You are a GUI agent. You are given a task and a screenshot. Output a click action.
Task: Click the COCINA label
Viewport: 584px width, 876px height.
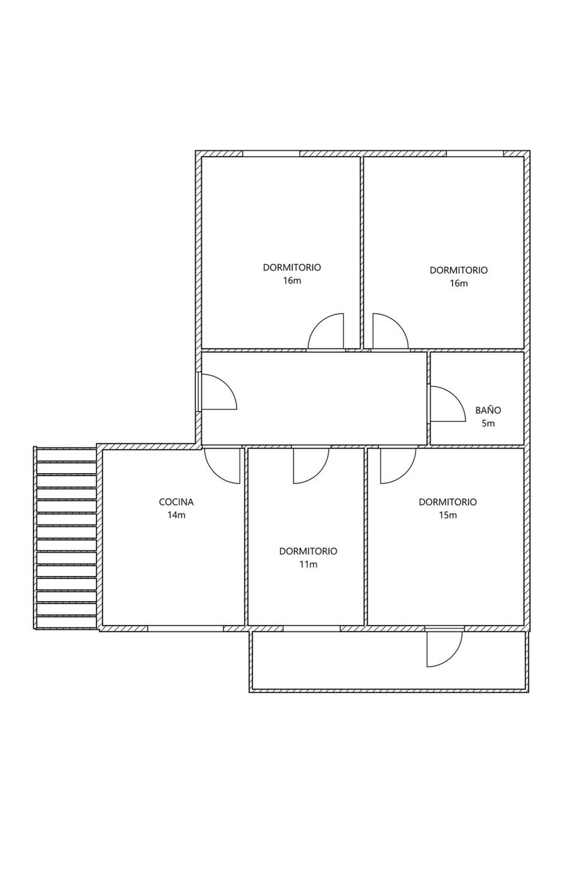(x=176, y=502)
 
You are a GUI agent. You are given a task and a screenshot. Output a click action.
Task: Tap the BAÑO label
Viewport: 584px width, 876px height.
(x=488, y=410)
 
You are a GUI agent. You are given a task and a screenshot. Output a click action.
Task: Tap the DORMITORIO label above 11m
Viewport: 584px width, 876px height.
(x=308, y=551)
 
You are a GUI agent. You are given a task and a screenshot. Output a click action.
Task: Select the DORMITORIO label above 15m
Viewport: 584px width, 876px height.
(x=447, y=502)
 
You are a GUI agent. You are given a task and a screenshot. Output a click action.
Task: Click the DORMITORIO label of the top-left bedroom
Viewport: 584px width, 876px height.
(x=292, y=267)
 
